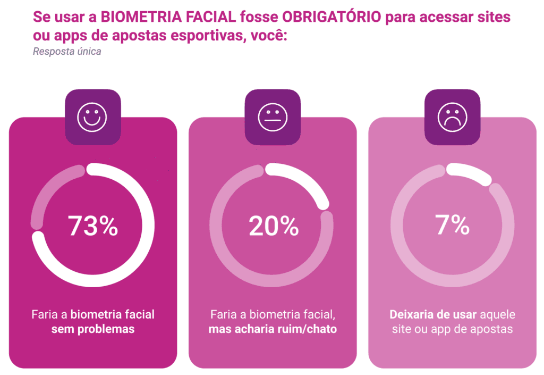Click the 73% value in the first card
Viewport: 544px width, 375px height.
[x=93, y=226]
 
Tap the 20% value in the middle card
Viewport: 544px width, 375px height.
[x=274, y=226]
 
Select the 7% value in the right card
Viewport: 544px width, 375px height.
[x=453, y=226]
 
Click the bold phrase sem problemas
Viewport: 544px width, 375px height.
[x=93, y=329]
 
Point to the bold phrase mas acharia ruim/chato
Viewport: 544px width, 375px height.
[x=273, y=329]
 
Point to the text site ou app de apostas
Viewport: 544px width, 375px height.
[x=452, y=329]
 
